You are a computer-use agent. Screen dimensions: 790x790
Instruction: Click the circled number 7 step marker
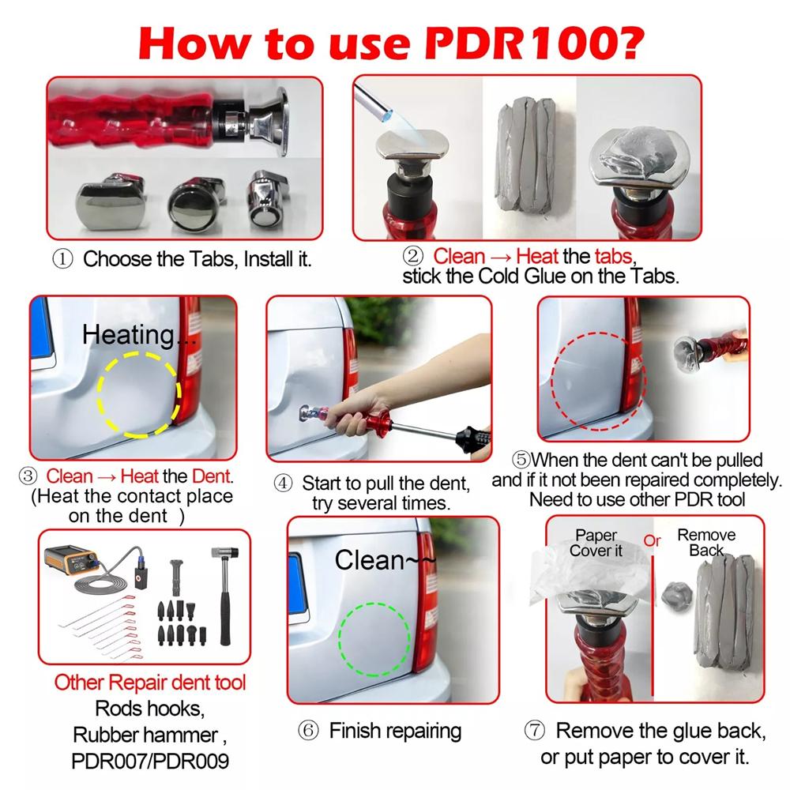[x=535, y=730]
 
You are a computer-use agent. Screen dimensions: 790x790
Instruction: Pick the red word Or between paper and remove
[x=652, y=541]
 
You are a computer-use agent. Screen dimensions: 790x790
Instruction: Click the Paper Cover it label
[x=596, y=544]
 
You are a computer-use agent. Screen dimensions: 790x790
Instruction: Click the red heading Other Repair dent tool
[x=150, y=683]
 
